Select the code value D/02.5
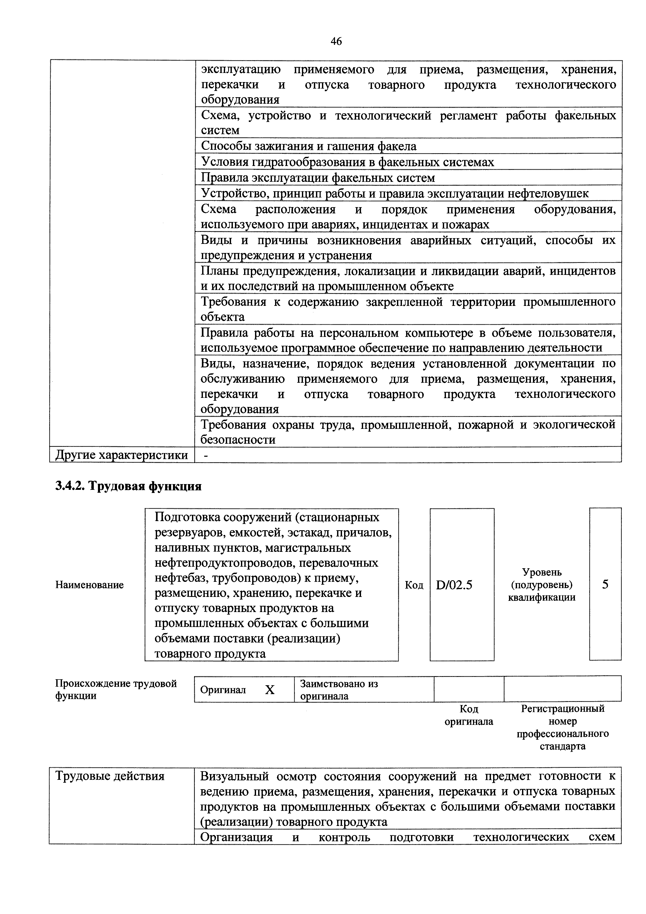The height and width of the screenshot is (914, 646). (x=454, y=585)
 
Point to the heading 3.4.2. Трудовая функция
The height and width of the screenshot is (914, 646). (x=128, y=486)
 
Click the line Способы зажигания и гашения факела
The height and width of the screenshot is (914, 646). (x=308, y=146)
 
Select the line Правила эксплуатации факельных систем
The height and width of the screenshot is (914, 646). (x=318, y=177)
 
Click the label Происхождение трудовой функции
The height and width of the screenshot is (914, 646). (x=115, y=689)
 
